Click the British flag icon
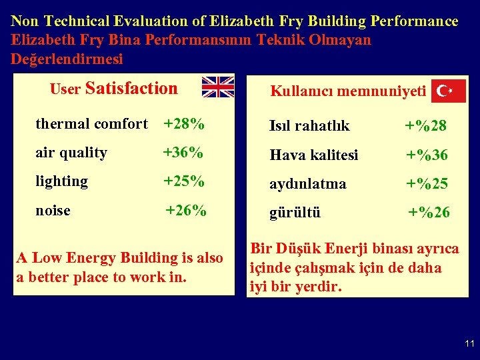(218, 87)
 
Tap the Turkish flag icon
(448, 91)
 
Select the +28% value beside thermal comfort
(184, 124)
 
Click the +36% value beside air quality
(183, 153)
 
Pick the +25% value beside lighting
(183, 181)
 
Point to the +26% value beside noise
(186, 211)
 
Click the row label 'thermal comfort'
(91, 124)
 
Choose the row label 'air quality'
(71, 153)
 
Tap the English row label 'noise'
(53, 211)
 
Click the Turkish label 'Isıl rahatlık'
(309, 126)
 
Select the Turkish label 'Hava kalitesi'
(314, 155)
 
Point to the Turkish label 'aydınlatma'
(308, 184)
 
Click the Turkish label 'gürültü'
(295, 213)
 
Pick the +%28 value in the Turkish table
(427, 126)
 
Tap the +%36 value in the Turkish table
(427, 155)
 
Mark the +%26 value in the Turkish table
(429, 213)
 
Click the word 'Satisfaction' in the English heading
(132, 89)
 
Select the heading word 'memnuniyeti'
(383, 91)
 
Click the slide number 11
(469, 344)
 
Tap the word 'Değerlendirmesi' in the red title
(67, 59)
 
